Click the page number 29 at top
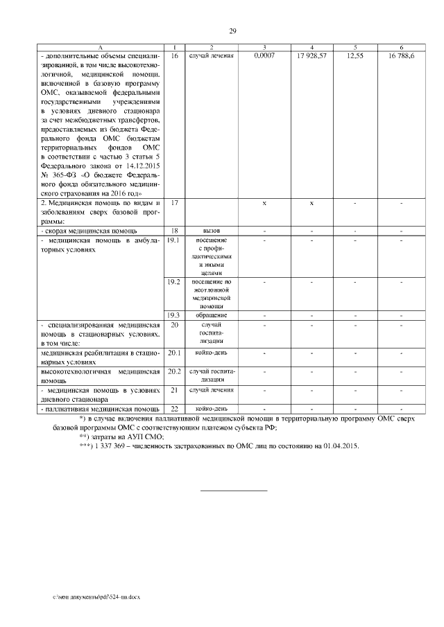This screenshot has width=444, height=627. pyautogui.click(x=233, y=30)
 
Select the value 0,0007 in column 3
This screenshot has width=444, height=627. pyautogui.click(x=264, y=55)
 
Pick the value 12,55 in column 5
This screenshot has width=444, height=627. pyautogui.click(x=355, y=55)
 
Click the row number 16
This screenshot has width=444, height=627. pyautogui.click(x=174, y=55)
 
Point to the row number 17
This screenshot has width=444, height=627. pyautogui.click(x=174, y=203)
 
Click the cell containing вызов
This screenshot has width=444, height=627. pyautogui.click(x=212, y=230)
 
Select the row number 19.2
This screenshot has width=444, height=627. pyautogui.click(x=174, y=282)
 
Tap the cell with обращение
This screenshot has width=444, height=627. pyautogui.click(x=212, y=315)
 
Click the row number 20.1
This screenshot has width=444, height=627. pyautogui.click(x=174, y=353)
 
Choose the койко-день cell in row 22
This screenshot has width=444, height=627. pyautogui.click(x=212, y=409)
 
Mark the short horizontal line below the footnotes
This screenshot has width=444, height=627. pyautogui.click(x=233, y=491)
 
